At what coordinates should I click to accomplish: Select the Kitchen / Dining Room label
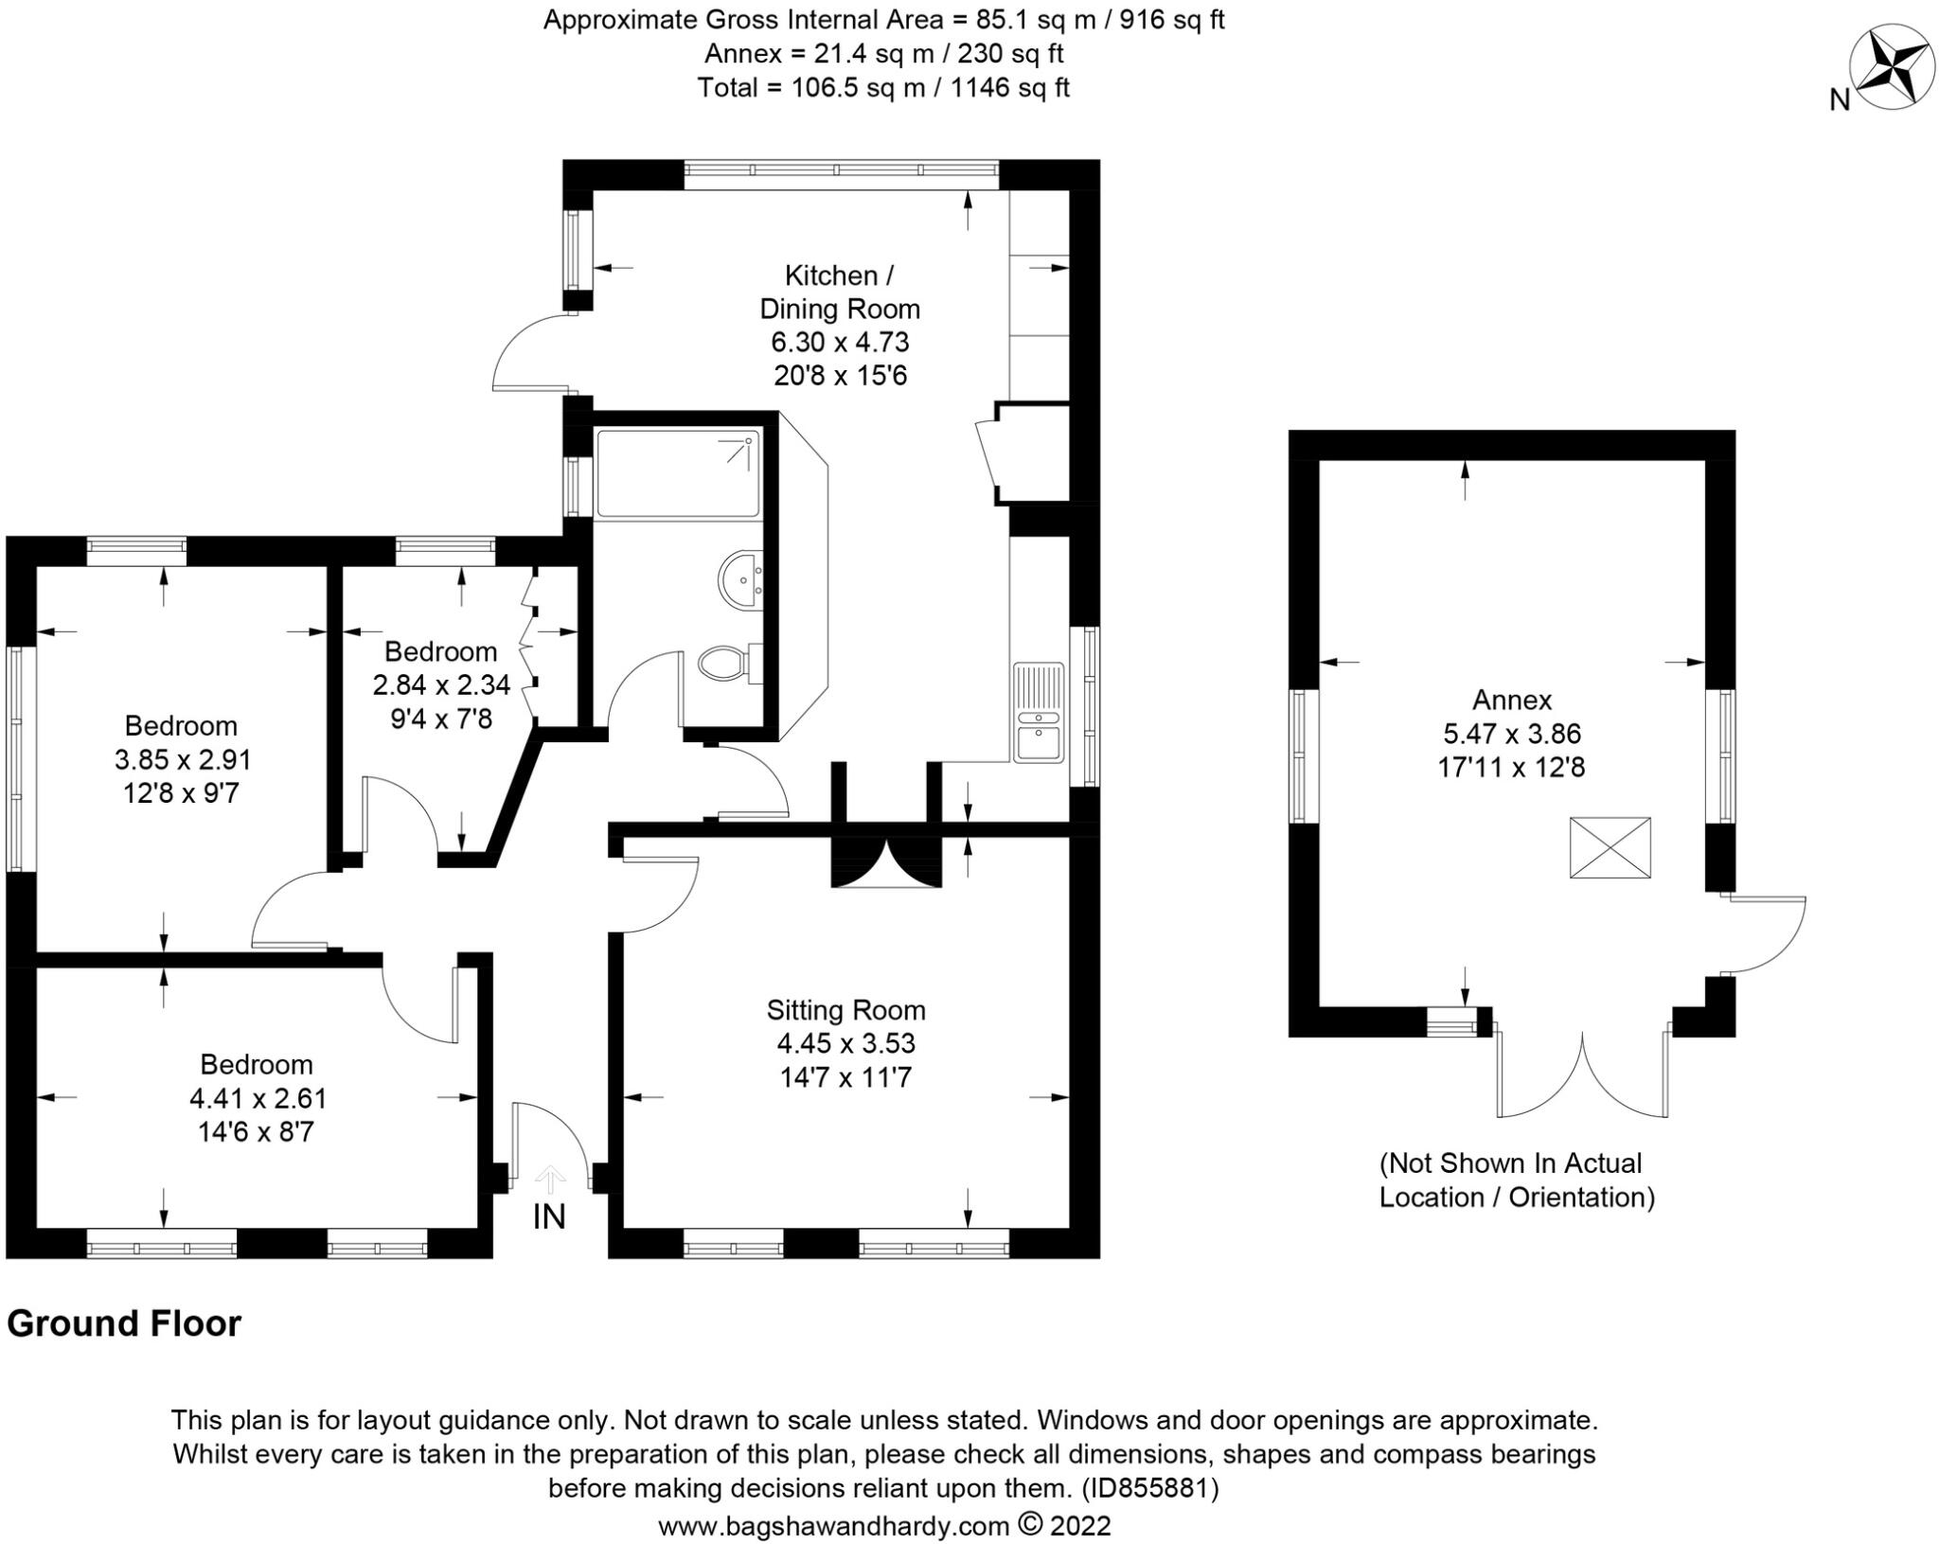coord(839,292)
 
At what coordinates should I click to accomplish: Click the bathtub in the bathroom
coord(678,473)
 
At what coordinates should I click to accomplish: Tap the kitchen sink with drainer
coord(1039,712)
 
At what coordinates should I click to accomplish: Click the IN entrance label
coord(549,1216)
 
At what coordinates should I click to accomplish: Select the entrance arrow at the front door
coord(550,1180)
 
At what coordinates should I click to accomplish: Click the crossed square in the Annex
coord(1610,848)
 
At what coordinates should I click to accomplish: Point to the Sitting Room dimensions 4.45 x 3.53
coord(845,1043)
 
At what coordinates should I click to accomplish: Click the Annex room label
coord(1511,700)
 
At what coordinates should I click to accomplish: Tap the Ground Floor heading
coord(124,1323)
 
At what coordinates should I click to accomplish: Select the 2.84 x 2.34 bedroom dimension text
coord(441,684)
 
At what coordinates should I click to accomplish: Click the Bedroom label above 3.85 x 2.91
coord(181,726)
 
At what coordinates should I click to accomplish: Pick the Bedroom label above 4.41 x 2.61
coord(257,1064)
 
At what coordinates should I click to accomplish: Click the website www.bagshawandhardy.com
coord(833,1526)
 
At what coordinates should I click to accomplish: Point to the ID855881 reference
coord(1149,1488)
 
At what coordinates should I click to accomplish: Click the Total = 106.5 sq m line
coord(882,88)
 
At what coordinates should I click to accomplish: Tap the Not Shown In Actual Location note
coord(1516,1180)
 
